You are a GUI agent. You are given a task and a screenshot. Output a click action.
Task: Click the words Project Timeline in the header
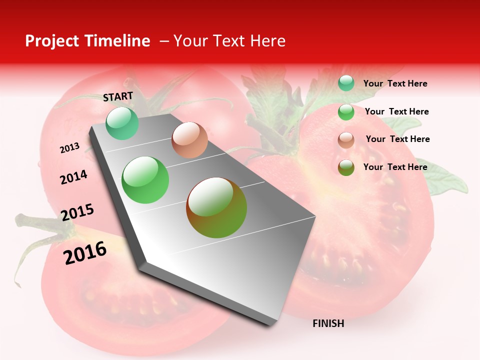(87, 41)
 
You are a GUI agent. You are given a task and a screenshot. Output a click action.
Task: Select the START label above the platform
(118, 96)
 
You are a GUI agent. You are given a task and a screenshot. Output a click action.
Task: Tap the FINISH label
(328, 323)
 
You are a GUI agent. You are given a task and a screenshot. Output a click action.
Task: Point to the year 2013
(69, 147)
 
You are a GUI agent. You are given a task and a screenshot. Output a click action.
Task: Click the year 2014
(73, 177)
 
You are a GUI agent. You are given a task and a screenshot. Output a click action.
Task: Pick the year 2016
(85, 252)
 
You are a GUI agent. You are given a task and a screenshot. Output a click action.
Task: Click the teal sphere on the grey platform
(122, 123)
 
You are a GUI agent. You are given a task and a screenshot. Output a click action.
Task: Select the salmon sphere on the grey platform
(189, 140)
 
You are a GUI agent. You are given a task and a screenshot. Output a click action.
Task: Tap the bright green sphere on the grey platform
(145, 180)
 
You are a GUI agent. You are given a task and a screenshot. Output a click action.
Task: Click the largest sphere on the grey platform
(216, 207)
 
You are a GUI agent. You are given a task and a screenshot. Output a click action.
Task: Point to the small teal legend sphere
(346, 83)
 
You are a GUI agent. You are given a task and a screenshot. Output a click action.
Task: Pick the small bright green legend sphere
(346, 112)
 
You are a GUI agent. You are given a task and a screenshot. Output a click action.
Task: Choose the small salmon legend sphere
(346, 140)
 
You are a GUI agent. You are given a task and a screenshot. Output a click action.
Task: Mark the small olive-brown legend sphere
(346, 167)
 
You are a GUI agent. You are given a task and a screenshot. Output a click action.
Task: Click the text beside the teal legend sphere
(395, 83)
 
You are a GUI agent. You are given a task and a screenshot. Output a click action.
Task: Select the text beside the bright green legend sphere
(396, 111)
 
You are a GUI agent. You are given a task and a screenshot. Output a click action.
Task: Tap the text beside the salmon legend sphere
(397, 139)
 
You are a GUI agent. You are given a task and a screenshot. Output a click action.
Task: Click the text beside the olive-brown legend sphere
(395, 167)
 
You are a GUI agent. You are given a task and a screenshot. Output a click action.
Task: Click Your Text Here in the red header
(229, 41)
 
